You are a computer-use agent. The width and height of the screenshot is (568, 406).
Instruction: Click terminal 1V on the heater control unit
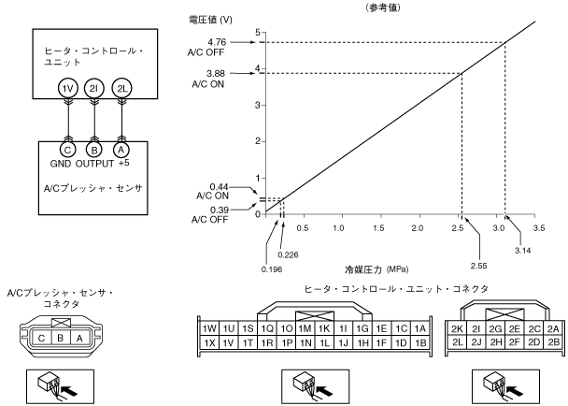coord(66,88)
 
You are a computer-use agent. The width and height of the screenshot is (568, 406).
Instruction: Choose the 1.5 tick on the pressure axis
coord(378,227)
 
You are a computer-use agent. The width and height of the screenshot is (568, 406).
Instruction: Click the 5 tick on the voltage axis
coord(258,33)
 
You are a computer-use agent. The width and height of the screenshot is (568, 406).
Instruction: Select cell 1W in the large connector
coord(209,329)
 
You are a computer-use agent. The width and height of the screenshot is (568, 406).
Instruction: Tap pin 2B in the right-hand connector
coord(553,343)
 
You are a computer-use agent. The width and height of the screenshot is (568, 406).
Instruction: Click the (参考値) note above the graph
coord(385,6)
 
